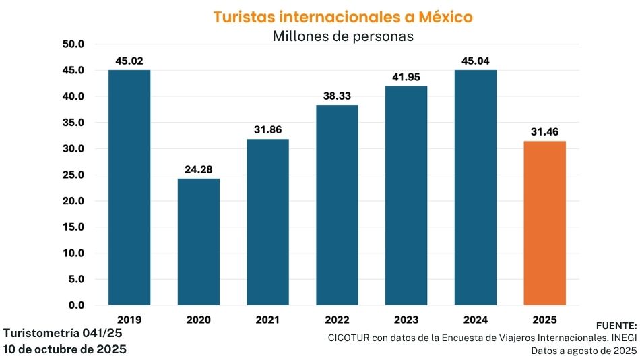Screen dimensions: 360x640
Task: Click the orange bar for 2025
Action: tap(544, 223)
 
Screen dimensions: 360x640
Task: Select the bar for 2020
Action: tap(198, 241)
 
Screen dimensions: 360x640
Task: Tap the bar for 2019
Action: tap(129, 187)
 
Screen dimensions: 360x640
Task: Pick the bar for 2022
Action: tap(337, 205)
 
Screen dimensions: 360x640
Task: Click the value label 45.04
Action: tap(475, 61)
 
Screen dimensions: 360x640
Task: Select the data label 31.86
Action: tap(267, 130)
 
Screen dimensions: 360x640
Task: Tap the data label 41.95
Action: tap(406, 78)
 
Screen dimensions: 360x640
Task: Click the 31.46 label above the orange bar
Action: tap(544, 132)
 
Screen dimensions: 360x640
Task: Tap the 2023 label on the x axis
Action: tap(406, 319)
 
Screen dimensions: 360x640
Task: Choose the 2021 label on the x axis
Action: tap(267, 319)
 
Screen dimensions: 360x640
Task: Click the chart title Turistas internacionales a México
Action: tap(343, 17)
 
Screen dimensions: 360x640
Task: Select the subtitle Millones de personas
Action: tap(343, 36)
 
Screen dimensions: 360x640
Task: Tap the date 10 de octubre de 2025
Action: tap(65, 349)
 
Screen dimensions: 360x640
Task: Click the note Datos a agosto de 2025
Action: tap(583, 351)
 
